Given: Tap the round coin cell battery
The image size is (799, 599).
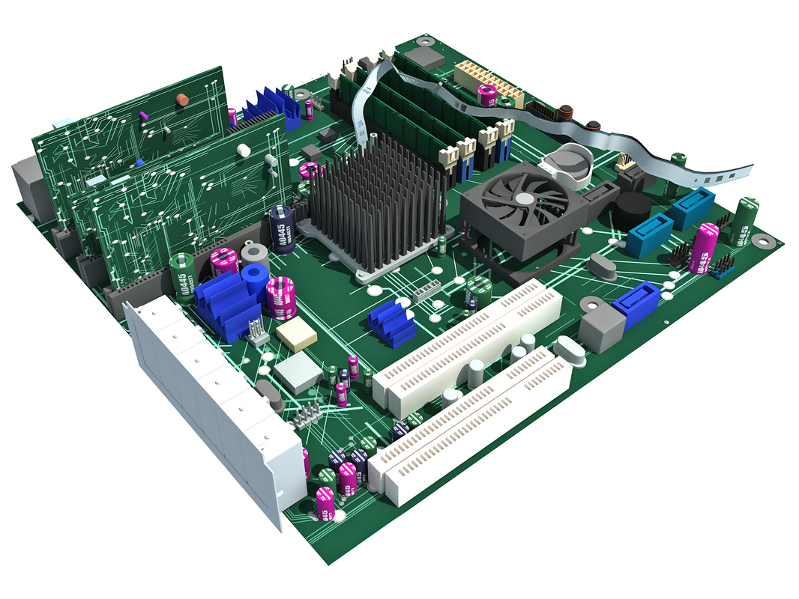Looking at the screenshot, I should [x=573, y=159].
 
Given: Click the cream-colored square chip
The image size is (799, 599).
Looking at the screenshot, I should [x=297, y=335].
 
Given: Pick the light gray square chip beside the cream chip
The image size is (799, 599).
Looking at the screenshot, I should [x=298, y=371].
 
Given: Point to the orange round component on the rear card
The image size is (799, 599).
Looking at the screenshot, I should [x=181, y=99].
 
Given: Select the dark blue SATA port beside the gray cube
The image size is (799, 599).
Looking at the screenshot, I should [x=636, y=305].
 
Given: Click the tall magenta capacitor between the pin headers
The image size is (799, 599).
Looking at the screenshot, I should [x=704, y=248].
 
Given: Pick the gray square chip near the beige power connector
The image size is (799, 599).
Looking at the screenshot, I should [x=429, y=58].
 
